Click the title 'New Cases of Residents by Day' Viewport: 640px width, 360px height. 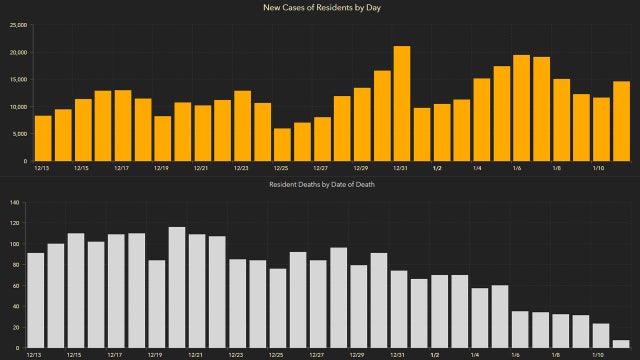(x=320, y=8)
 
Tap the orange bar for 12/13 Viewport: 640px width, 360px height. (x=43, y=138)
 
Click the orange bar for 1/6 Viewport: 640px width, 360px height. (x=521, y=108)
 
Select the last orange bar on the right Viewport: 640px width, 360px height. (x=621, y=121)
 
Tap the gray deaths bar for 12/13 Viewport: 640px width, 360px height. (x=36, y=300)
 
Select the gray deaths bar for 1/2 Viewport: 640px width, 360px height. (x=439, y=311)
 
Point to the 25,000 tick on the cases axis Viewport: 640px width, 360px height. (x=16, y=25)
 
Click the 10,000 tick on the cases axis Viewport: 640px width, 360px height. (x=16, y=107)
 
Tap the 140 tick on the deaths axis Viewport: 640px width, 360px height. (x=14, y=203)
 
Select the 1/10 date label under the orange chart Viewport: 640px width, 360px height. (x=601, y=168)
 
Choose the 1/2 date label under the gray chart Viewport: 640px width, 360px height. (x=436, y=354)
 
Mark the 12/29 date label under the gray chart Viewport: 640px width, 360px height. (x=357, y=354)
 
